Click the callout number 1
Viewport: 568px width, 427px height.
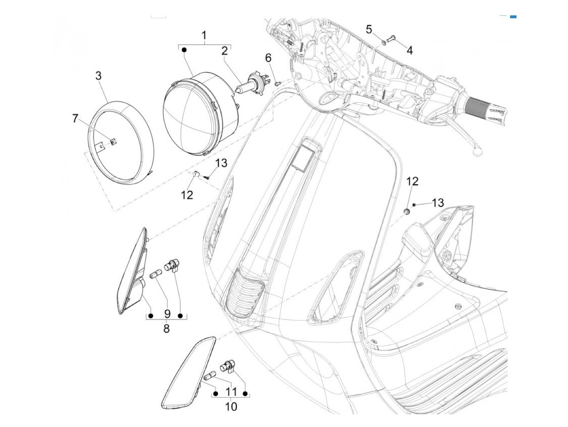204,35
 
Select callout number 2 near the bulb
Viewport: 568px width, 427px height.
224,51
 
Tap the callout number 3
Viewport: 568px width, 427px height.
98,75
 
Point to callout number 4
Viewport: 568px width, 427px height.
409,50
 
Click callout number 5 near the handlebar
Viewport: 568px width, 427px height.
369,29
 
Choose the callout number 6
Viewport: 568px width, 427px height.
268,58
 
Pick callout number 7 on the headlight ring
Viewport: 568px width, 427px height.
75,119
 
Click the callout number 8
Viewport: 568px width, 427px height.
166,329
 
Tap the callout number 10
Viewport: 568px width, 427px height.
231,406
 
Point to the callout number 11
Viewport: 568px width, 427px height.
231,392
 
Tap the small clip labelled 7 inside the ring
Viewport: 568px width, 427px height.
114,142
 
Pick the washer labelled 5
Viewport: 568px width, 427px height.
384,43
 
